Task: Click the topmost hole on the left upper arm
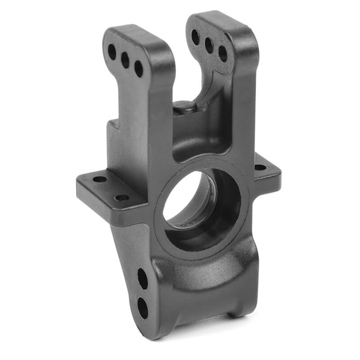click(x=112, y=52)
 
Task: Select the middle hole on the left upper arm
click(x=125, y=60)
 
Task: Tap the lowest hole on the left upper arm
click(x=139, y=68)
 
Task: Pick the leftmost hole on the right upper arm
click(x=195, y=37)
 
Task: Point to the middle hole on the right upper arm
click(x=209, y=45)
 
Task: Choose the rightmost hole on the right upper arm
click(x=223, y=54)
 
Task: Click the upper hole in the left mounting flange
click(x=99, y=179)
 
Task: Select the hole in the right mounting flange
click(x=260, y=167)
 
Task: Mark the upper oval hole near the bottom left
click(x=142, y=279)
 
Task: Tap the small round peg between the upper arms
click(x=184, y=106)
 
